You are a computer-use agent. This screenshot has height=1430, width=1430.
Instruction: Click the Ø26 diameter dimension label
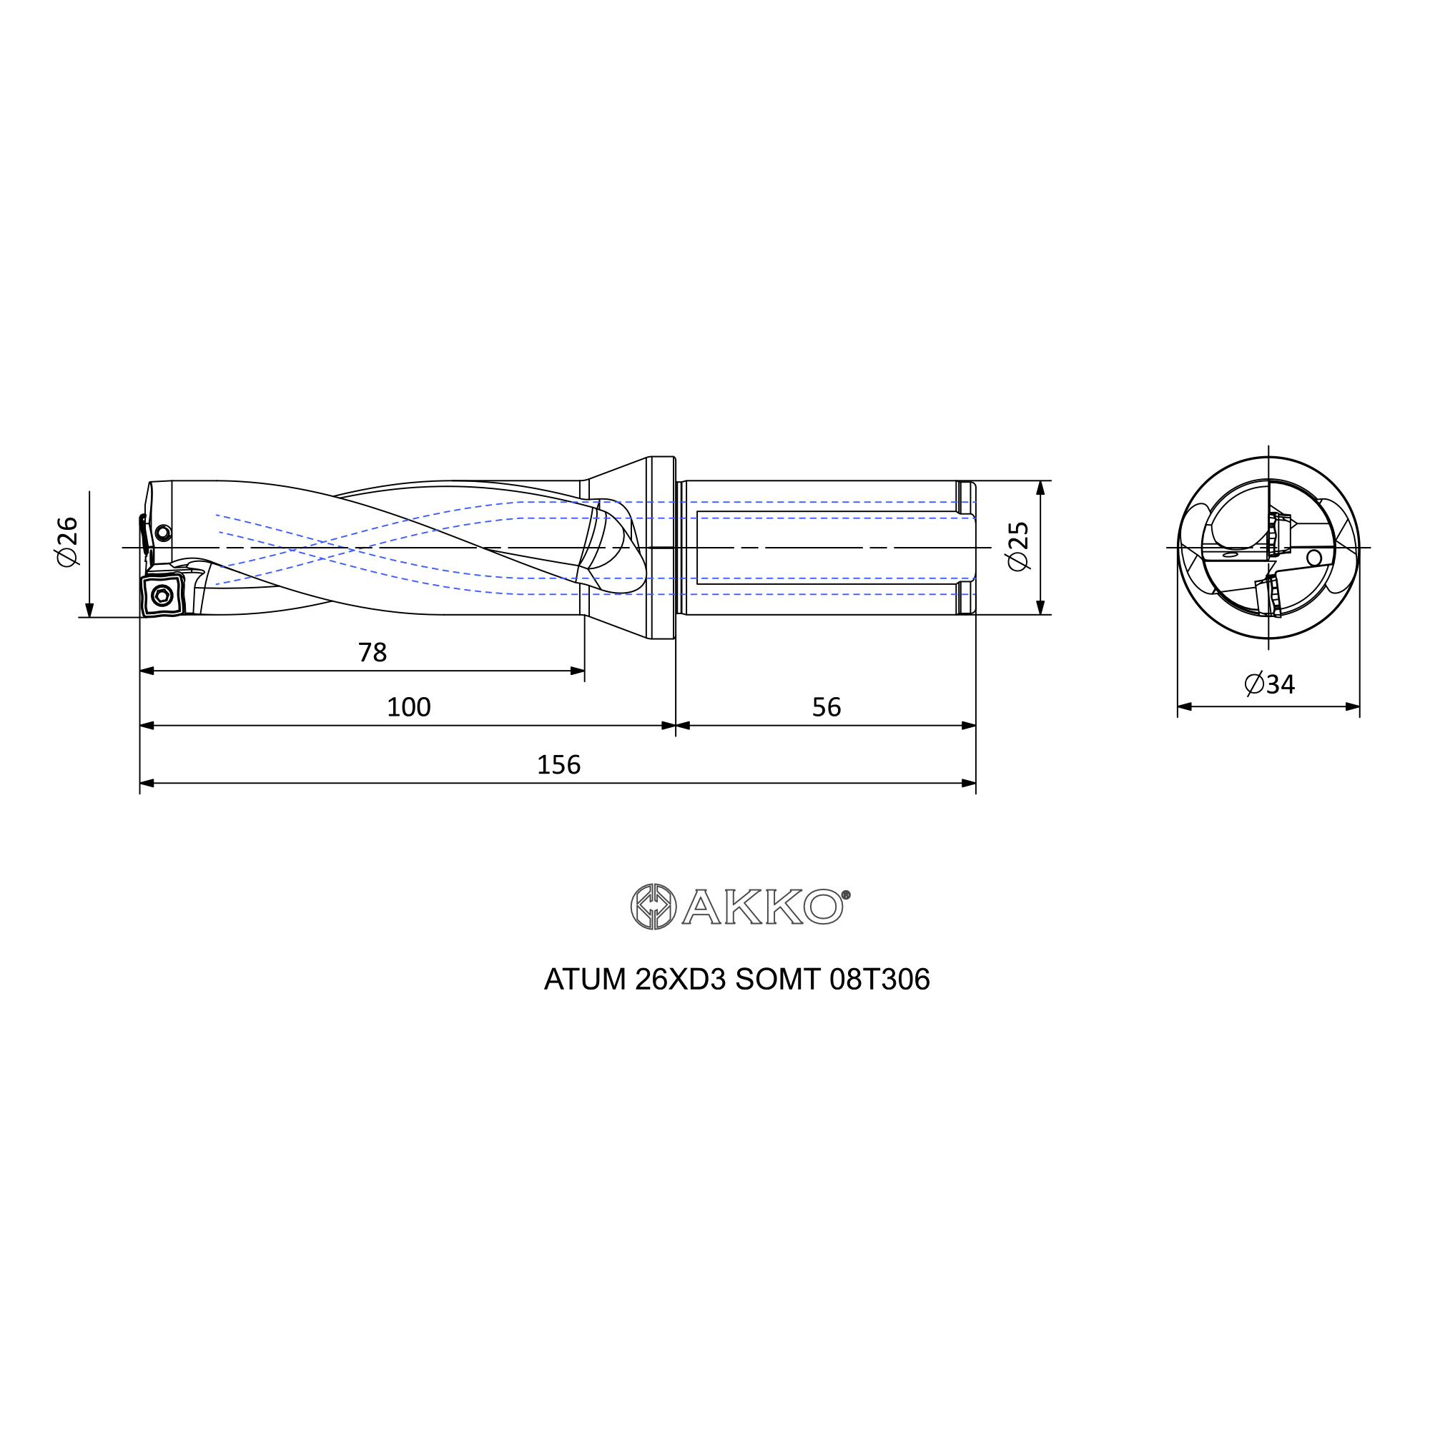(x=67, y=542)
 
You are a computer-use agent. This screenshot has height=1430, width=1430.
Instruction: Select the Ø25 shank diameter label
(x=1018, y=546)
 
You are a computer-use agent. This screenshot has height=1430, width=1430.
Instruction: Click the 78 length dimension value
(x=373, y=652)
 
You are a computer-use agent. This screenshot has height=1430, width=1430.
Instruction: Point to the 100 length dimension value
(x=408, y=707)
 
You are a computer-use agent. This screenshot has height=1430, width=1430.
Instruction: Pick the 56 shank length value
(x=826, y=707)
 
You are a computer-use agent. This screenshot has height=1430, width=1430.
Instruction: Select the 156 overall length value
(x=558, y=764)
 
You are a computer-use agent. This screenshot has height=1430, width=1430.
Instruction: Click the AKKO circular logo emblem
(x=653, y=906)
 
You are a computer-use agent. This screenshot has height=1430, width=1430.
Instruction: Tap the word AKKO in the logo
(x=762, y=907)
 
